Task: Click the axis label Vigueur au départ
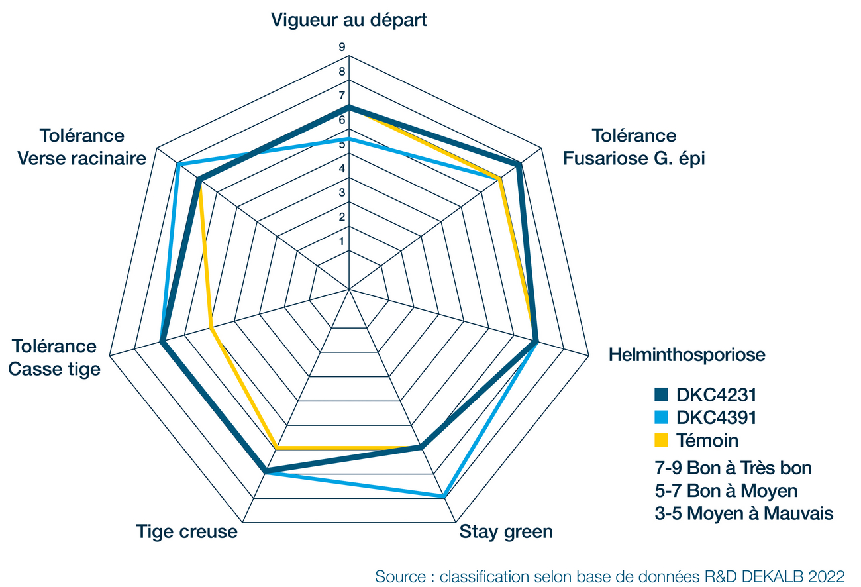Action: [348, 19]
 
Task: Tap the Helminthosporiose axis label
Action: [687, 354]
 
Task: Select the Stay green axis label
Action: [506, 532]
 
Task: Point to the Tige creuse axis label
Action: [187, 531]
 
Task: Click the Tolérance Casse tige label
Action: [54, 358]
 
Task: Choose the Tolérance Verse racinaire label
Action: [82, 147]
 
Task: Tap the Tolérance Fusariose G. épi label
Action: [634, 147]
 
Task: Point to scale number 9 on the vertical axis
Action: [342, 47]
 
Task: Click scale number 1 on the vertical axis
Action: [342, 241]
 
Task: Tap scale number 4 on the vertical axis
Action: [342, 168]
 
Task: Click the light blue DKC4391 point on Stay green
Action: [442, 496]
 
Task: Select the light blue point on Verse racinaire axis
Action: [178, 164]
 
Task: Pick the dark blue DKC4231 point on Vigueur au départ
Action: [348, 107]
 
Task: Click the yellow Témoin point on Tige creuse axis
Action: [278, 449]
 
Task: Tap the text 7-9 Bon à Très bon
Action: [733, 468]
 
